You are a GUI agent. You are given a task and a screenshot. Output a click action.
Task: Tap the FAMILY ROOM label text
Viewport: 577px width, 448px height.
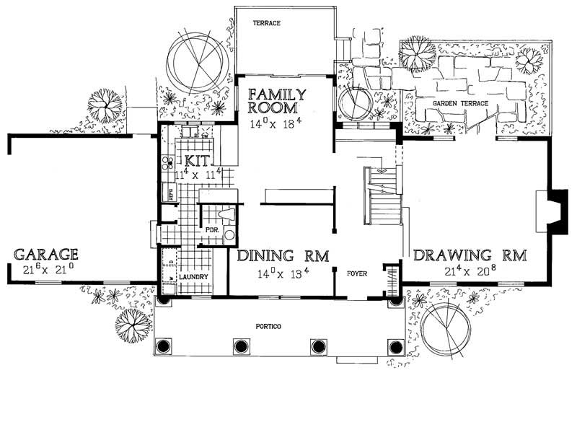click(x=278, y=101)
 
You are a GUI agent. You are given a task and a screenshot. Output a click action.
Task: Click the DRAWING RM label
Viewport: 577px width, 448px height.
click(x=470, y=255)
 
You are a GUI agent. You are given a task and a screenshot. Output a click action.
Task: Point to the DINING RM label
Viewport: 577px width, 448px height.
click(x=283, y=255)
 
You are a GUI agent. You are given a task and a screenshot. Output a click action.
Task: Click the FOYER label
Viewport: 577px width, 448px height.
click(x=358, y=274)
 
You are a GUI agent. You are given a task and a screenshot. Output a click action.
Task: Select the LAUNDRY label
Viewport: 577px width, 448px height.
click(x=195, y=277)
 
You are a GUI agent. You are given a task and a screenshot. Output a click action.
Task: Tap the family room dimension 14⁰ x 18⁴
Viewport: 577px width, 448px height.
click(x=278, y=124)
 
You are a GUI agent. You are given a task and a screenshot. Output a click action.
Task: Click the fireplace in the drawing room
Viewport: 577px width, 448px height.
click(x=555, y=210)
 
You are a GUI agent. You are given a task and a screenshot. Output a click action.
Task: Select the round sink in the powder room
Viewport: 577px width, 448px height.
click(x=229, y=234)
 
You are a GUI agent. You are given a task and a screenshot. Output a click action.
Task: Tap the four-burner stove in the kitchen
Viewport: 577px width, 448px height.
click(x=167, y=162)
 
